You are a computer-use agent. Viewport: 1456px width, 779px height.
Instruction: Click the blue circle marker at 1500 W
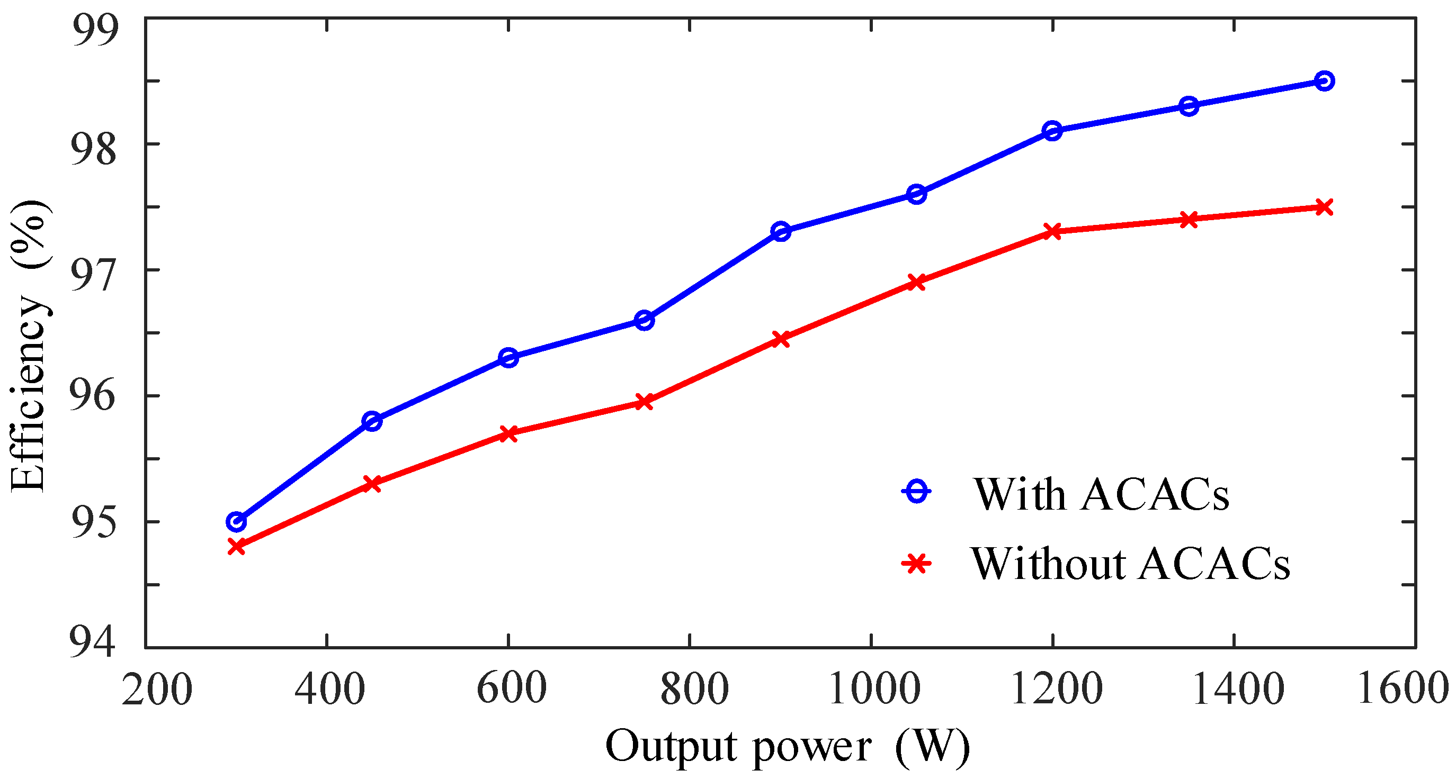[1324, 81]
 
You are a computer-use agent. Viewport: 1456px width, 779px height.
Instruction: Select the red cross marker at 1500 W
[1324, 207]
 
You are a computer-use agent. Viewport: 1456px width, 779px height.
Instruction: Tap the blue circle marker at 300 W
[236, 521]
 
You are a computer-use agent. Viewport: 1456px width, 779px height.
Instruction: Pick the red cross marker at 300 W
[236, 546]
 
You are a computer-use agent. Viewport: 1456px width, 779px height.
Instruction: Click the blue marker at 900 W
[781, 232]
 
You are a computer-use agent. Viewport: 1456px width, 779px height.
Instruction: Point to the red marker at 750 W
[645, 402]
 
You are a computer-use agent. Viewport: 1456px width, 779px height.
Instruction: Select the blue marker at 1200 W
[1052, 131]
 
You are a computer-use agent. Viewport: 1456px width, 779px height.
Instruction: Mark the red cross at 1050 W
[916, 283]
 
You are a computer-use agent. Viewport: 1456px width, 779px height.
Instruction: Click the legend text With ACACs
[1100, 495]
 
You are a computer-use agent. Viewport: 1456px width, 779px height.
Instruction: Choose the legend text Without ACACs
[1130, 564]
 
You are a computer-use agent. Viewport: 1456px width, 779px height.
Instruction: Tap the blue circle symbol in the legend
[916, 491]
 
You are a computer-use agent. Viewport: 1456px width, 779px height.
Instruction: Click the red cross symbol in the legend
[916, 563]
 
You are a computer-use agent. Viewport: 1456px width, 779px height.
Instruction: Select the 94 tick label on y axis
[92, 641]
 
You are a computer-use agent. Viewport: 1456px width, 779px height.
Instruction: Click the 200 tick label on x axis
[157, 690]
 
